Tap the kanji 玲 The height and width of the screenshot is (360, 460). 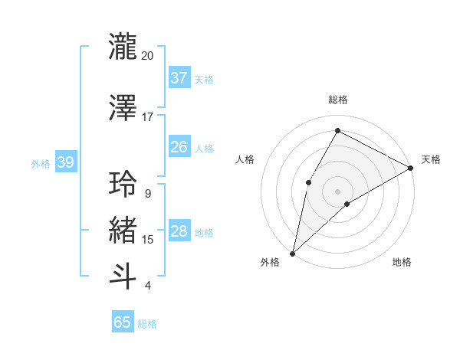tap(123, 184)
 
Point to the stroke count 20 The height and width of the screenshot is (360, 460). tap(147, 56)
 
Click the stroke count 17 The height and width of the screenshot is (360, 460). tap(147, 117)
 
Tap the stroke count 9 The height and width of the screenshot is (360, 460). tap(147, 194)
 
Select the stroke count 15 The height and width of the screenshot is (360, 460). tap(147, 240)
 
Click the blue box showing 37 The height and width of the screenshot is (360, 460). tap(179, 78)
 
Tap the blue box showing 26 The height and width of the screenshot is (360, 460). tap(179, 147)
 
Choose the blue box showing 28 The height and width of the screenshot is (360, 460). tap(179, 231)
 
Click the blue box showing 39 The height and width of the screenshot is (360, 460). tap(65, 162)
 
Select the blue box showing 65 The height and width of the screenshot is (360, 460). tap(123, 322)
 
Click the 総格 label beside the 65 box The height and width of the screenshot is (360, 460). tap(147, 324)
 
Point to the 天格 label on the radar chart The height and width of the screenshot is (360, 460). tap(431, 159)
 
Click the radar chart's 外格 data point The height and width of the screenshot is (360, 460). tap(292, 253)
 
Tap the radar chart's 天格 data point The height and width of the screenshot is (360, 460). tap(411, 168)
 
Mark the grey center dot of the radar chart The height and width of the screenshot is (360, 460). tap(337, 191)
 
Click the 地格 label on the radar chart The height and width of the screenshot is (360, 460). tap(402, 262)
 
